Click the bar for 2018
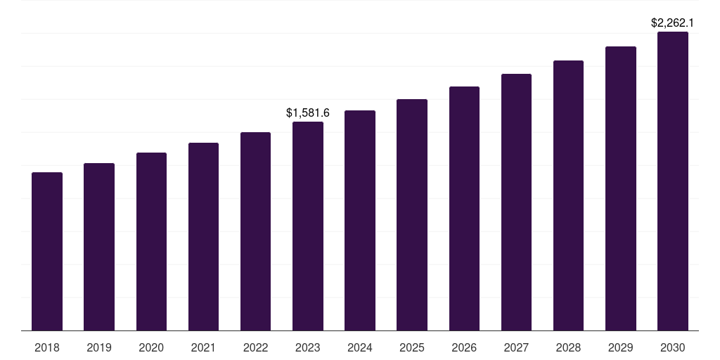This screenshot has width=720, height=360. click(47, 251)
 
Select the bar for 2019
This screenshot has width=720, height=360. click(99, 247)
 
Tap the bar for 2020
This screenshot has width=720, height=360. click(151, 241)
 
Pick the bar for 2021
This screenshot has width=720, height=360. click(203, 236)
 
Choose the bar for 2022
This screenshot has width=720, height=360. click(255, 231)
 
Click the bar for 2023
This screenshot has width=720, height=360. click(308, 226)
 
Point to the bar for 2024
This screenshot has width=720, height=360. click(360, 220)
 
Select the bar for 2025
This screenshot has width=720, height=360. click(412, 214)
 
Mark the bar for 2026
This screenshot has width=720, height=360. click(464, 208)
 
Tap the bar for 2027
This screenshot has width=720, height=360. click(516, 202)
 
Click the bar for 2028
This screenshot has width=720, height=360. click(568, 195)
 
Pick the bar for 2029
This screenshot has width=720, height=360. click(621, 188)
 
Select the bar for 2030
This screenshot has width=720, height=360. click(673, 181)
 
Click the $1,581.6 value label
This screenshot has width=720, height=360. click(308, 112)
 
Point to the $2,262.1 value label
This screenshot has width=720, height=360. click(673, 22)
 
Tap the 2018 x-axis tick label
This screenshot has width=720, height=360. click(47, 347)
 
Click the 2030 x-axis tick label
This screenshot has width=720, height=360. click(673, 347)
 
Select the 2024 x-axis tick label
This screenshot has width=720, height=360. click(360, 347)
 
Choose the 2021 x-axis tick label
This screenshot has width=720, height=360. click(203, 347)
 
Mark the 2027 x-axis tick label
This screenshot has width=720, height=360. click(516, 347)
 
